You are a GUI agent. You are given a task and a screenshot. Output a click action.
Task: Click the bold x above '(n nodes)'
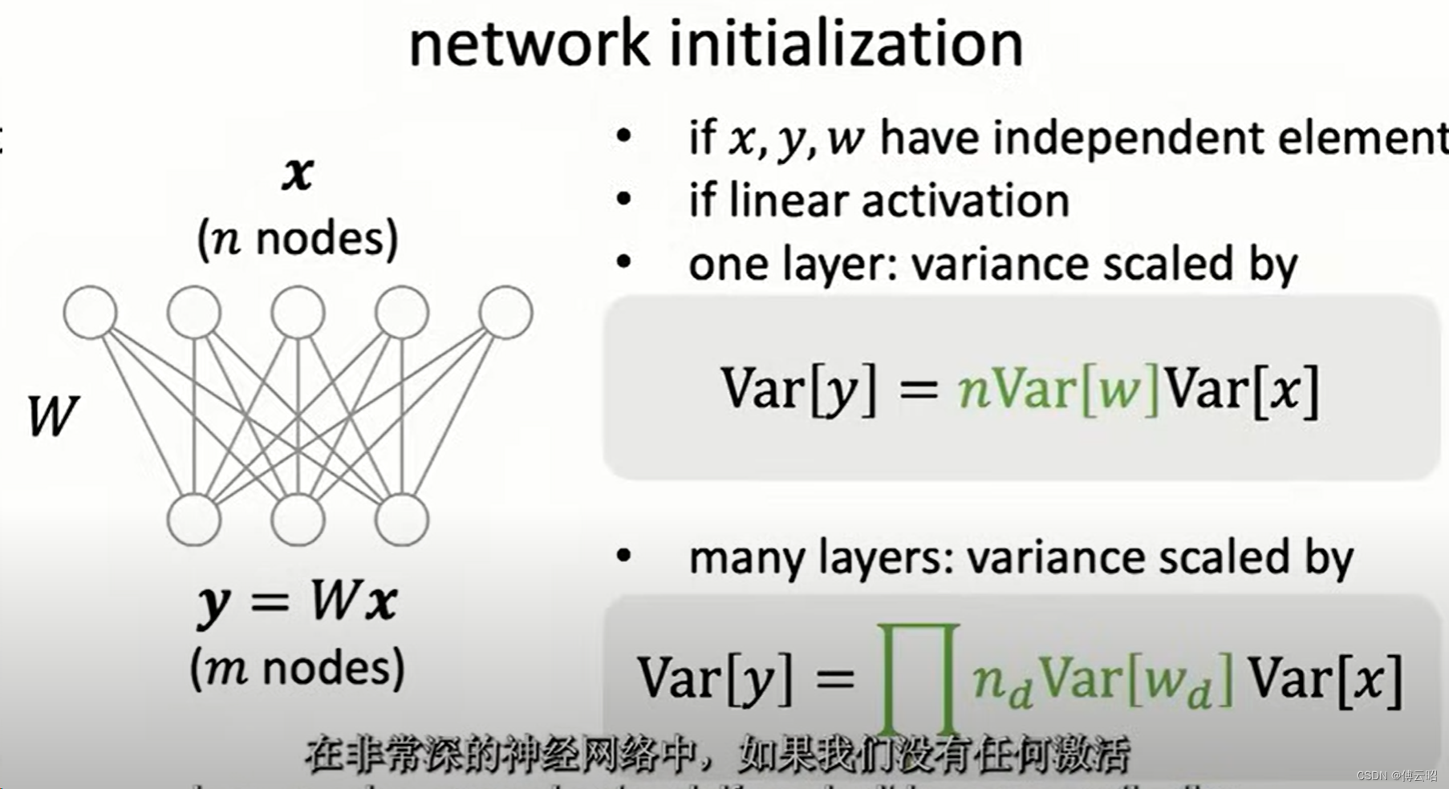point(298,172)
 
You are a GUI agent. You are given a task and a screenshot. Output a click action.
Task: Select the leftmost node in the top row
point(90,312)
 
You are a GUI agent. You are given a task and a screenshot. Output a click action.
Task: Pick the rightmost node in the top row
point(505,312)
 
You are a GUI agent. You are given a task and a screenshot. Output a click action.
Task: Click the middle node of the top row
point(298,312)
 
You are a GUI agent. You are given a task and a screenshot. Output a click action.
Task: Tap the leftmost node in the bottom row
point(193,520)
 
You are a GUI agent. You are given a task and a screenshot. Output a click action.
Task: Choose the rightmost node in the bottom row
point(401,520)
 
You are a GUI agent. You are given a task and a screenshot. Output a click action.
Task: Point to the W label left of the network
point(52,417)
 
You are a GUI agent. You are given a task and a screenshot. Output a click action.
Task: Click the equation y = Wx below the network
point(298,601)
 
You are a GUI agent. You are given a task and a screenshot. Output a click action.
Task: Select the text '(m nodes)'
point(298,668)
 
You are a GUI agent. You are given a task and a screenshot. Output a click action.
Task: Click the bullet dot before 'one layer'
point(623,262)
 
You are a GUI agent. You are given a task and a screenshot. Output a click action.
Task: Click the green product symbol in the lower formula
point(919,678)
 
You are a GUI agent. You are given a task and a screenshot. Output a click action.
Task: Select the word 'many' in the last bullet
point(746,558)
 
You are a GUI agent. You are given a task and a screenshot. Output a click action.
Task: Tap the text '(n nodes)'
point(298,239)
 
